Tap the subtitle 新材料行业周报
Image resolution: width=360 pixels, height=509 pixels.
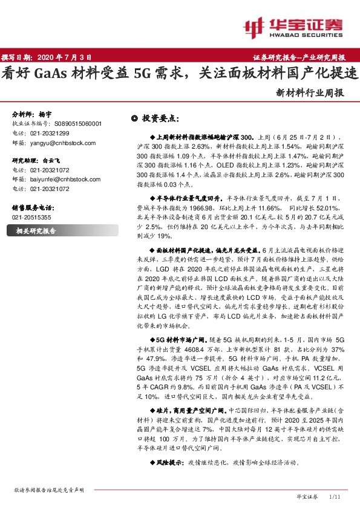click(310, 93)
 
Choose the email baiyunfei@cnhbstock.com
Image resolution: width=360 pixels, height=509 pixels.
click(63, 180)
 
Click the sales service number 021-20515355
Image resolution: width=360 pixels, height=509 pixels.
click(32, 216)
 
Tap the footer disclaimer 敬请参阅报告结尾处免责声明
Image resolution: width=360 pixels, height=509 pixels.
click(48, 490)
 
